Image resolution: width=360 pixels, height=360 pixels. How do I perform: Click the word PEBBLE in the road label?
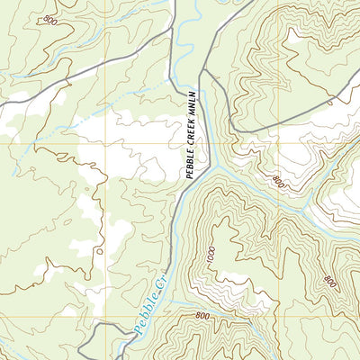click(x=190, y=159)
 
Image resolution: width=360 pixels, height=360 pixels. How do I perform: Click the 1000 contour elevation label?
click(x=211, y=254)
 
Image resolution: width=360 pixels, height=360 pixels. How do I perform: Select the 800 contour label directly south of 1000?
click(x=202, y=316)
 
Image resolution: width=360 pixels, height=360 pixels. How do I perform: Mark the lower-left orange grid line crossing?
click(x=106, y=317)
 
